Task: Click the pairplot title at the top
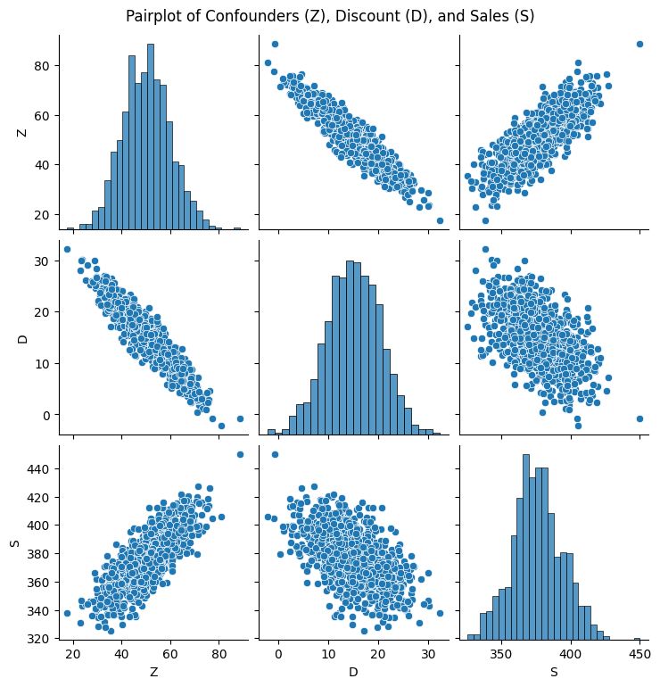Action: (x=330, y=16)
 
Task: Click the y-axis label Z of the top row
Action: (x=23, y=132)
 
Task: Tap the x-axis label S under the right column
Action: (x=554, y=672)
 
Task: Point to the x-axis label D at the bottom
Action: (x=353, y=672)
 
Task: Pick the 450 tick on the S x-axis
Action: (x=639, y=653)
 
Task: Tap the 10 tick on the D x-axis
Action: (x=328, y=653)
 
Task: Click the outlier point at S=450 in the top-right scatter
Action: (x=639, y=44)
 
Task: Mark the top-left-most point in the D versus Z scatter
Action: (x=67, y=249)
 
